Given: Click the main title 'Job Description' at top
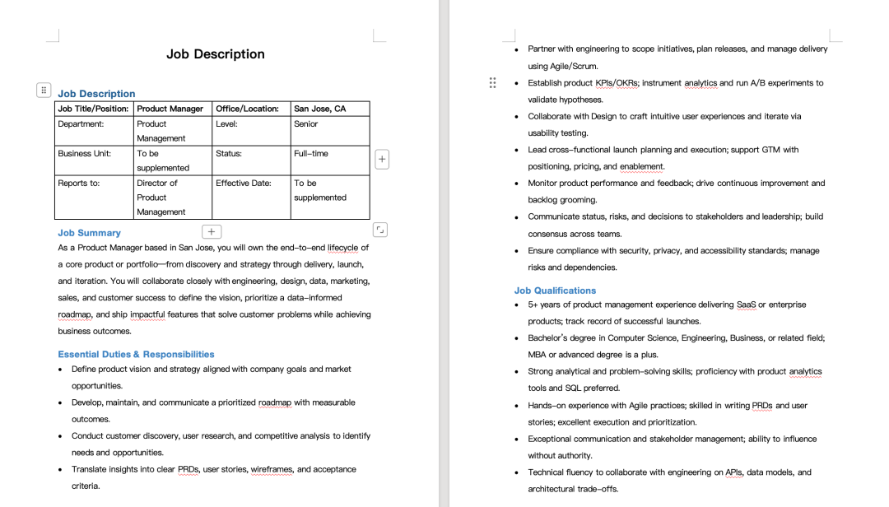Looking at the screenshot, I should (215, 54).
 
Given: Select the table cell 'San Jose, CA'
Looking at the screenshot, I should (320, 109).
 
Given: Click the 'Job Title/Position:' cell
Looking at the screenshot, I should (93, 109).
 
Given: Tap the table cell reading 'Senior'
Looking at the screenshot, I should (305, 124).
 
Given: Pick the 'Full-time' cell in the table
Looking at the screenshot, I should (311, 154).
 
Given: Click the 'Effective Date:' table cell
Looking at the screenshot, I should (243, 184).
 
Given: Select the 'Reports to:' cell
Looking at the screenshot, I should (78, 184).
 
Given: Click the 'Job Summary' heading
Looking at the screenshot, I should (89, 233).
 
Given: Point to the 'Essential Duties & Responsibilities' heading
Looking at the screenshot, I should (136, 354).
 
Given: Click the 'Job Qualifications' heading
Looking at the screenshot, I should (555, 291).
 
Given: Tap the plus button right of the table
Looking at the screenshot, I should (382, 160).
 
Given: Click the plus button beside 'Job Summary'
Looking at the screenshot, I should (211, 232).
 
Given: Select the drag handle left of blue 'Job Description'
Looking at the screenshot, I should (44, 90).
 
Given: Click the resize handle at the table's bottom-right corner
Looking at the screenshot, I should (379, 230).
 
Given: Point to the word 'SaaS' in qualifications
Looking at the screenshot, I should (746, 305).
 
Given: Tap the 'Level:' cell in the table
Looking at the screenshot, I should (226, 124).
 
